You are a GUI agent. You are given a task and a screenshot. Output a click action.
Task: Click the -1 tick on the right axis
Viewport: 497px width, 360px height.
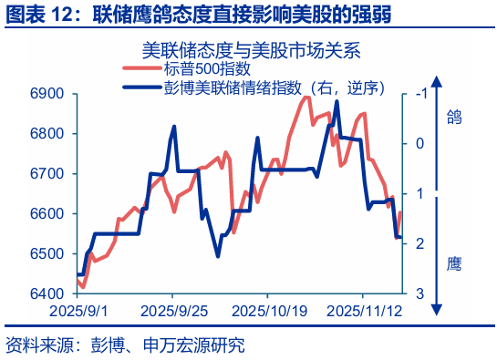point(419,94)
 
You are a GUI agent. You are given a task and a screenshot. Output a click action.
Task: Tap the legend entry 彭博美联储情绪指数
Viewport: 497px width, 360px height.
point(237,87)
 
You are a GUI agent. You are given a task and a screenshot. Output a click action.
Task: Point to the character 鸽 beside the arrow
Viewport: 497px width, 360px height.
point(454,116)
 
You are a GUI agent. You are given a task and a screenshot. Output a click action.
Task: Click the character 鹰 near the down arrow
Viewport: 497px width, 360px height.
point(454,265)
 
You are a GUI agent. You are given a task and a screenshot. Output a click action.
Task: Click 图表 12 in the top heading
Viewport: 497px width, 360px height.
point(41,16)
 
